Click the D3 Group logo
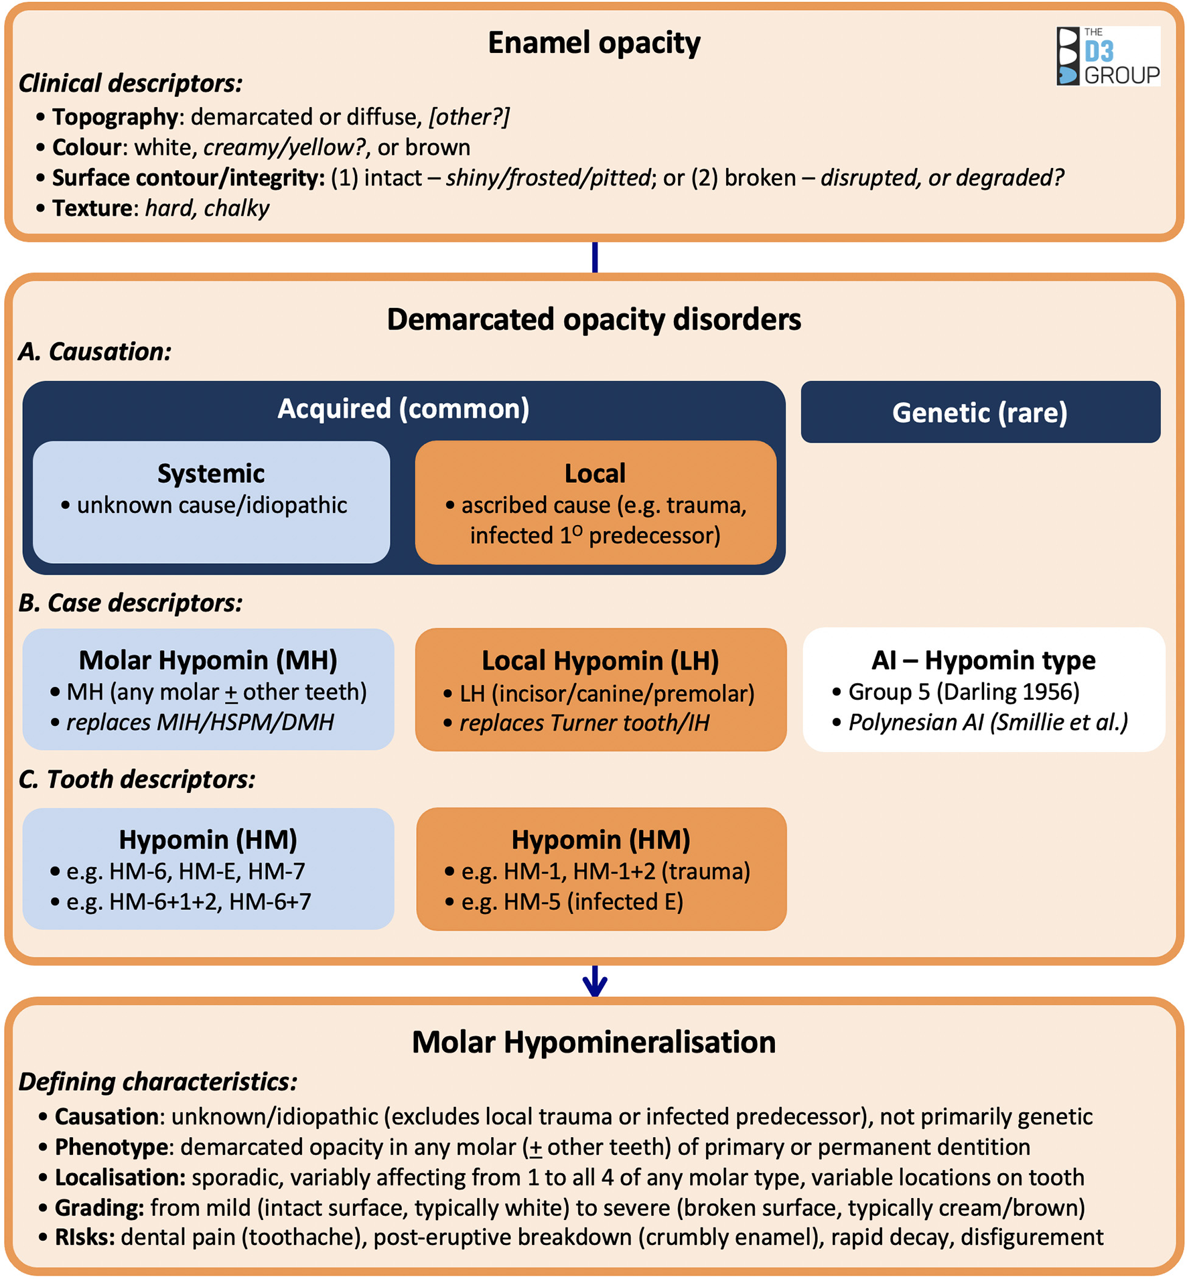[1108, 56]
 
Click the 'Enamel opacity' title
[593, 43]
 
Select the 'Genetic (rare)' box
[980, 412]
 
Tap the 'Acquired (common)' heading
[403, 408]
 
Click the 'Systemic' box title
[211, 473]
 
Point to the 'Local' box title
[595, 473]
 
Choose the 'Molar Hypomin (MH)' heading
[208, 660]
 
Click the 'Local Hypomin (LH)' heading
[600, 661]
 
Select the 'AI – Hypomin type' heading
[983, 660]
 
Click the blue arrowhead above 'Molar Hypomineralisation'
[595, 984]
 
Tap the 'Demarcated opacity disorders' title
[593, 319]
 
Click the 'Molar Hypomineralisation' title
[593, 1043]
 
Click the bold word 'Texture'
[92, 208]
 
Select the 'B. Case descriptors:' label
[130, 603]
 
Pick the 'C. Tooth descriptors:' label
[137, 779]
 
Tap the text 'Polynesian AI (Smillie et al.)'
[988, 722]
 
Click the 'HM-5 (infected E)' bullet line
[571, 901]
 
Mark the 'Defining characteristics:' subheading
[157, 1082]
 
